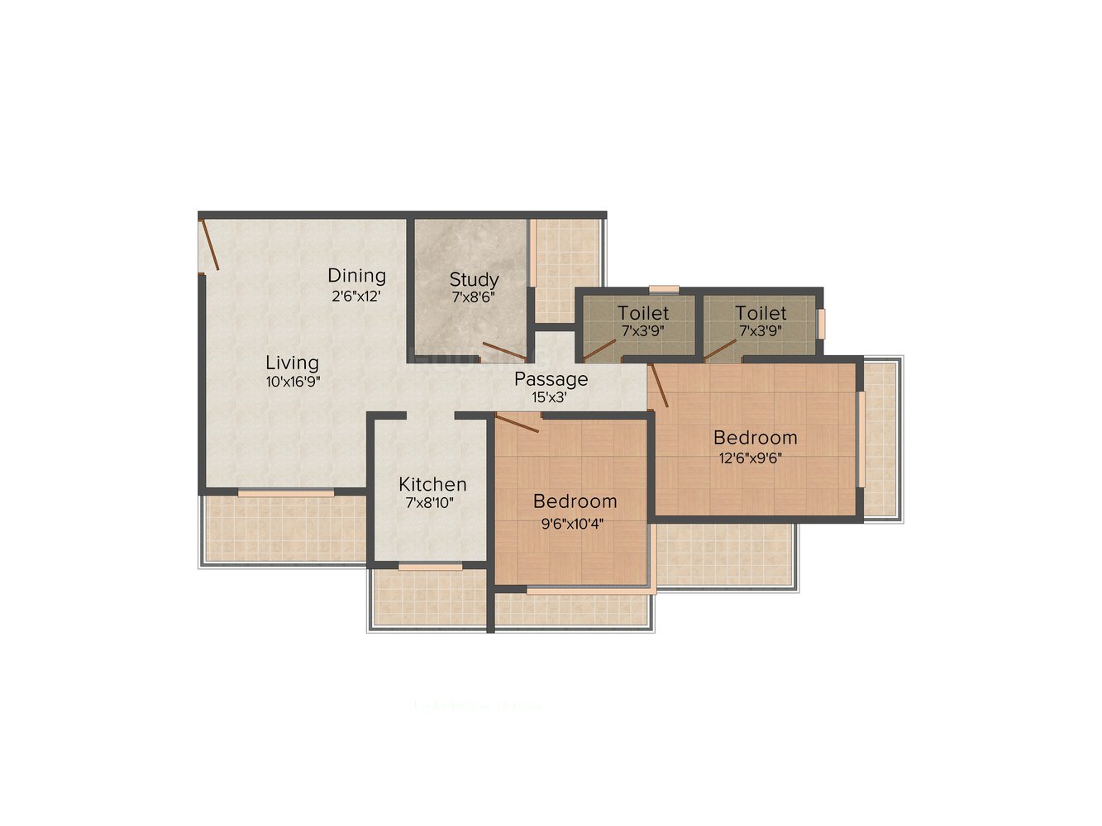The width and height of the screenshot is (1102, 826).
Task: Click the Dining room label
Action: (356, 275)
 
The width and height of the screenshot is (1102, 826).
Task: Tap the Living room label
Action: (292, 363)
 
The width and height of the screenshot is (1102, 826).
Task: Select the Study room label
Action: (474, 279)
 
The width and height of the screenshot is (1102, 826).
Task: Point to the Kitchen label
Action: (432, 484)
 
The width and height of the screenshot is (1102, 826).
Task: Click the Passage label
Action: (551, 379)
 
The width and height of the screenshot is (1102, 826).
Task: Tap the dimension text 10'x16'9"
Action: (292, 382)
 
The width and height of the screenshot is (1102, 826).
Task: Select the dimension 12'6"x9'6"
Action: (751, 457)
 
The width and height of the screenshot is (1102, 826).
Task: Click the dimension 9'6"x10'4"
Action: (572, 522)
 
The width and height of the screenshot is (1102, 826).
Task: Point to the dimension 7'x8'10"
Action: (429, 502)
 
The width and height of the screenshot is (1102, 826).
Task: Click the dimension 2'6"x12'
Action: (355, 296)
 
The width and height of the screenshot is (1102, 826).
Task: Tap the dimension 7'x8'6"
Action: (473, 297)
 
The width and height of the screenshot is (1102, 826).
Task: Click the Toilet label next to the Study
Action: (643, 313)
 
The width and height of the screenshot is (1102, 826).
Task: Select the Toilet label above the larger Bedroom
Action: (761, 313)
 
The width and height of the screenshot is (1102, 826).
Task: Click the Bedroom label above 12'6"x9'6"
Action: (755, 437)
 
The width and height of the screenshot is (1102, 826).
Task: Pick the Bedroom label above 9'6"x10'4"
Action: (575, 501)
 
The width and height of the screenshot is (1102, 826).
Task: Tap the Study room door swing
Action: (503, 351)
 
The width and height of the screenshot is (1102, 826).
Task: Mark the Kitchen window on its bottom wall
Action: (430, 567)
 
